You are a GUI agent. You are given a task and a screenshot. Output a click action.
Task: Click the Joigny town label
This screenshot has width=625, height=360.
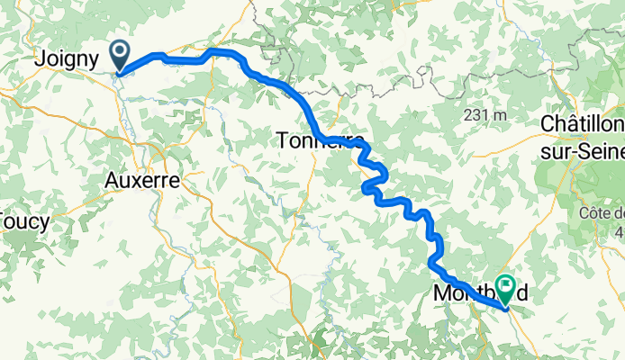[68, 61]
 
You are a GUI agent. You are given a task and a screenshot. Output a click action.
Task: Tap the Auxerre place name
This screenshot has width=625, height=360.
[142, 180]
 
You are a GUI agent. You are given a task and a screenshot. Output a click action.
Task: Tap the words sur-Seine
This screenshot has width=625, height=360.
[584, 149]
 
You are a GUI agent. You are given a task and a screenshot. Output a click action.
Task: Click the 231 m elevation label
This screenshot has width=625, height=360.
[485, 115]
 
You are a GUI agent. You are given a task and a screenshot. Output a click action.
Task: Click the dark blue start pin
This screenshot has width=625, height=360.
[119, 54]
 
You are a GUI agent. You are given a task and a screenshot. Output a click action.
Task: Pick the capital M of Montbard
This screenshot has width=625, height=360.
[441, 293]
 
